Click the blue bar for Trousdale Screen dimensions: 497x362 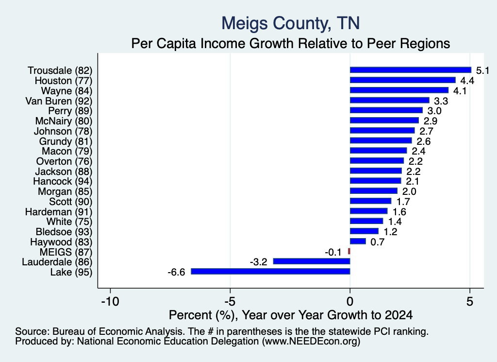click(411, 70)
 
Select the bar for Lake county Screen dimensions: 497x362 click(270, 271)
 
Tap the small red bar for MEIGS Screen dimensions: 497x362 click(349, 251)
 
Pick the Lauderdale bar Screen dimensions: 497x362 click(312, 261)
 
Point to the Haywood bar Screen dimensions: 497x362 click(358, 241)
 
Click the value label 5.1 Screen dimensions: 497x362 click(482, 70)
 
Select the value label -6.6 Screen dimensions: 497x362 click(176, 272)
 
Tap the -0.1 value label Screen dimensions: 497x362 click(333, 252)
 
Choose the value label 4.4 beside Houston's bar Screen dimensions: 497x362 click(467, 81)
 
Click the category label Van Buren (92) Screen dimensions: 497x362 click(59, 101)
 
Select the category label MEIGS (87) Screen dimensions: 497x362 click(66, 252)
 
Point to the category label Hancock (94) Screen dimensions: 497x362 click(63, 181)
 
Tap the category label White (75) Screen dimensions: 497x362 click(69, 222)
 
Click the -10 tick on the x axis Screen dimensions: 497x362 click(110, 301)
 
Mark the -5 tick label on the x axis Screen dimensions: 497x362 click(230, 301)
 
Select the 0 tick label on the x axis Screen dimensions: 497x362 click(350, 301)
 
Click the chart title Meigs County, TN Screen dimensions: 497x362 click(291, 23)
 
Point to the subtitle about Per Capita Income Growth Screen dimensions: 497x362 click(291, 43)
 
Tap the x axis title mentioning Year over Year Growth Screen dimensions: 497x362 click(291, 315)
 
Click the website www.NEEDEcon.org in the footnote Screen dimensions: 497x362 click(311, 342)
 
